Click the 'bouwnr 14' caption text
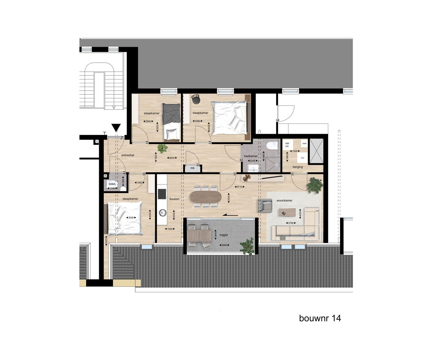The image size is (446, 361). click(320, 318)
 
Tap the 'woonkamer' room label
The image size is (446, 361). click(284, 201)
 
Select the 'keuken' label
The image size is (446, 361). click(174, 199)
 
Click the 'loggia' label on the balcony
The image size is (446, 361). click(224, 235)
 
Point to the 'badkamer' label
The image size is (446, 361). click(251, 156)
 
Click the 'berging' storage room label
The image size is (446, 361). click(298, 167)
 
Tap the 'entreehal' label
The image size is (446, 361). click(128, 155)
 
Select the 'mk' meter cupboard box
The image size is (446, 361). click(192, 168)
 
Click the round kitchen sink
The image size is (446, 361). click(162, 213)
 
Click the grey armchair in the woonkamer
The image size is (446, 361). click(265, 205)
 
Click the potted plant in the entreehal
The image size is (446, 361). click(162, 149)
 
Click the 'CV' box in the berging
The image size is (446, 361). click(303, 158)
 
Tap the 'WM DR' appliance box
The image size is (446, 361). click(287, 145)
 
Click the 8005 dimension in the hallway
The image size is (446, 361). click(172, 158)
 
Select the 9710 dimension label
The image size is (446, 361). click(239, 187)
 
